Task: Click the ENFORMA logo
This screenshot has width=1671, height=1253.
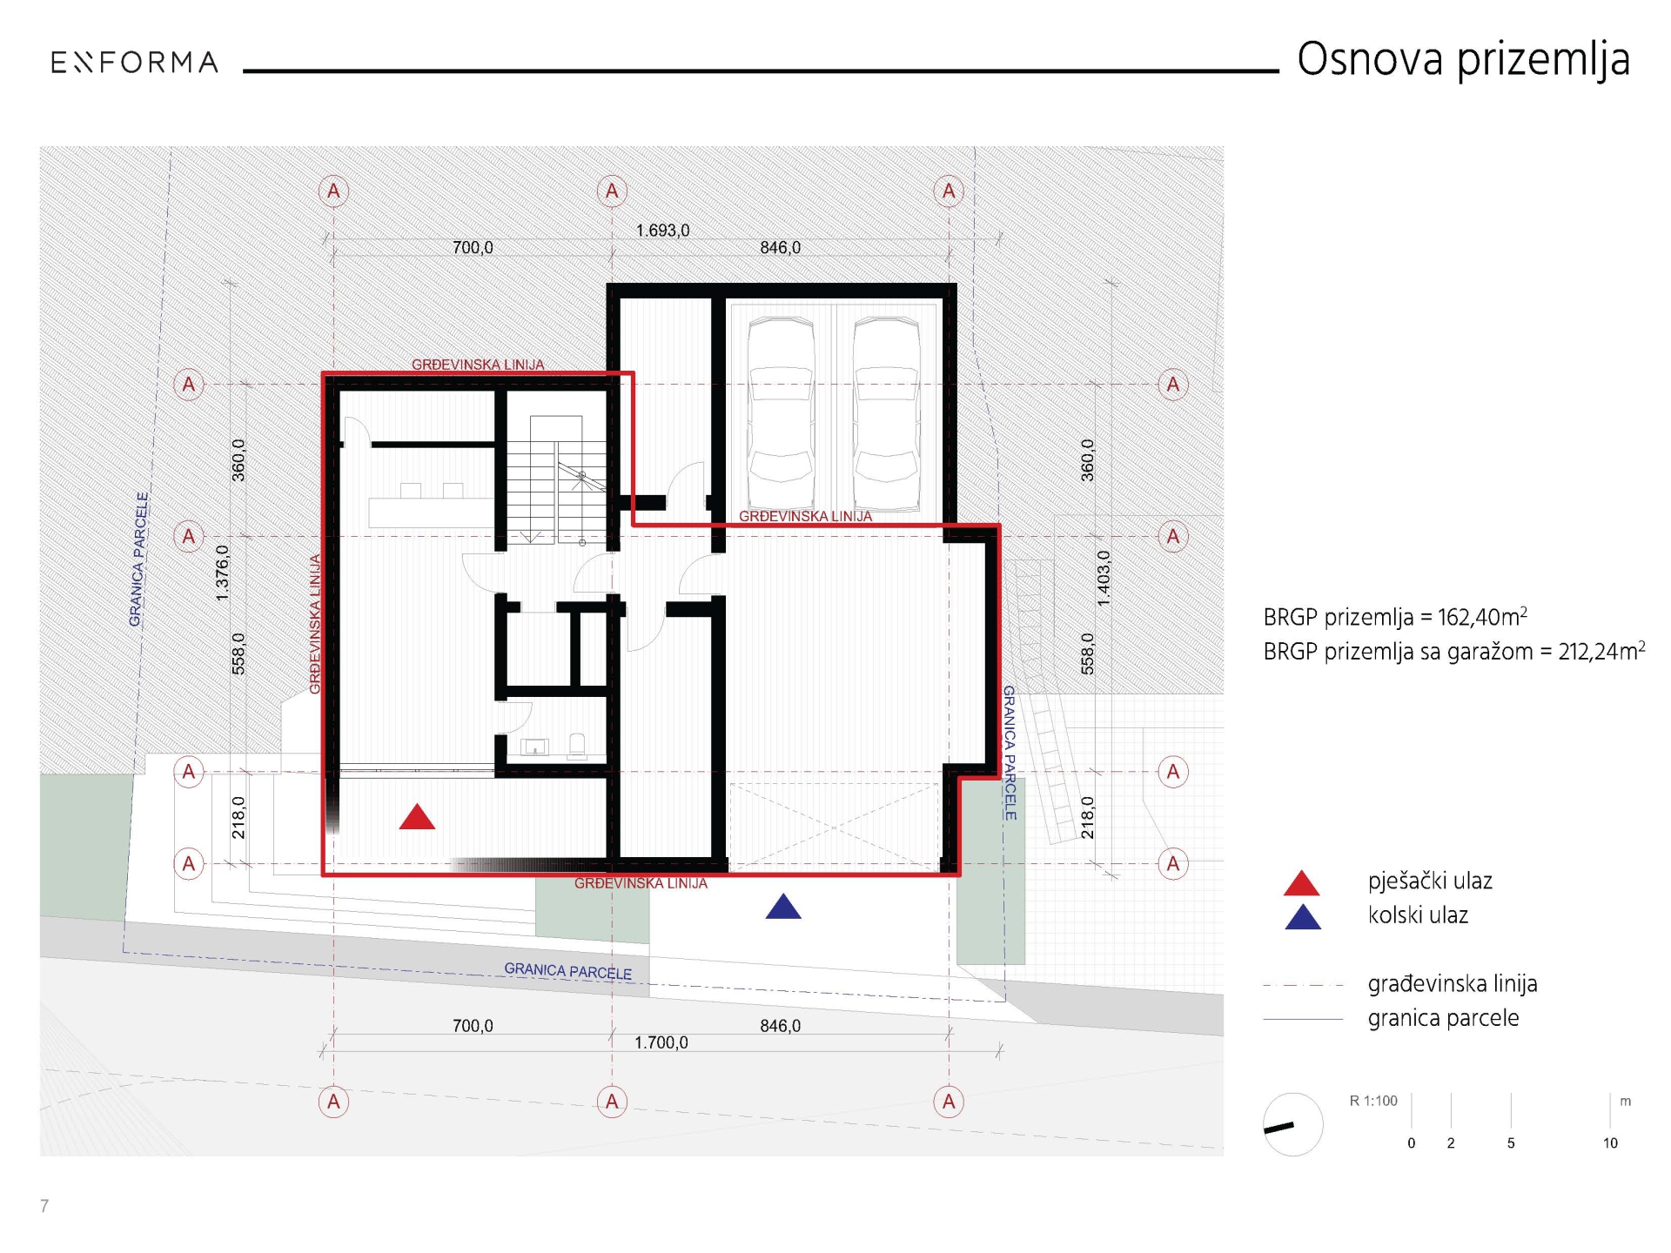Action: pos(134,63)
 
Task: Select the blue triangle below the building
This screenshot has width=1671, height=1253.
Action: pos(783,907)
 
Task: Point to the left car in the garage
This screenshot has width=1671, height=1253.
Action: pos(782,413)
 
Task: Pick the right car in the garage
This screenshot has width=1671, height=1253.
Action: pos(886,413)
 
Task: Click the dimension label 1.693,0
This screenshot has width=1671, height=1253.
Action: pos(662,231)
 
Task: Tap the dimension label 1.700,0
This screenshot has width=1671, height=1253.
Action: pos(661,1042)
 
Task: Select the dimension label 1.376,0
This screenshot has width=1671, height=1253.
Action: pos(223,573)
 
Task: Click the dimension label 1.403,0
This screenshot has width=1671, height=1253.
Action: pos(1104,579)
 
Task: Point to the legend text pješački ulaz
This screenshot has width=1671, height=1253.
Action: pos(1430,881)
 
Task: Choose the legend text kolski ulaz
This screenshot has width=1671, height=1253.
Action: pos(1418,915)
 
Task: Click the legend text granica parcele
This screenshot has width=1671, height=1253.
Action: pos(1443,1018)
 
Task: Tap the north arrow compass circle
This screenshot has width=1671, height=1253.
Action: pos(1293,1124)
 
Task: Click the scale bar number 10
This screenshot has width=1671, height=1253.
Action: pos(1610,1143)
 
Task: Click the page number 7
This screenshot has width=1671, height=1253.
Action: pos(44,1206)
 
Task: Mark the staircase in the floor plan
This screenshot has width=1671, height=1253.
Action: pos(556,479)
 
